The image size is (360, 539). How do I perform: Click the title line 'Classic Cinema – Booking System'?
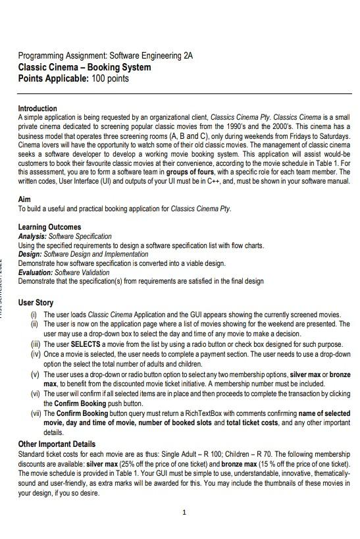point(84,67)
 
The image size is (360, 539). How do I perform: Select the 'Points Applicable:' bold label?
point(53,79)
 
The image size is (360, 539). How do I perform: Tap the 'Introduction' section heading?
point(38,109)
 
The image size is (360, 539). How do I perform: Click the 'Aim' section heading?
point(24,199)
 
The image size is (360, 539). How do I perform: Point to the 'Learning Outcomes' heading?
point(49,227)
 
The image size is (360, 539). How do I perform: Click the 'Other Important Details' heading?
point(57,444)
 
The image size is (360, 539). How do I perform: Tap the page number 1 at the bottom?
point(185,512)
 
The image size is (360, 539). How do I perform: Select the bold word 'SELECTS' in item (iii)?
point(85,344)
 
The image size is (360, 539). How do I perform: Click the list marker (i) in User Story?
point(35,315)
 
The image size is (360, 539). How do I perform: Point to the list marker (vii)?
point(36,413)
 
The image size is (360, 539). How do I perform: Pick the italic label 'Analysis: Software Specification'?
point(64,236)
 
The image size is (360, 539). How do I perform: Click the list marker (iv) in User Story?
point(36,354)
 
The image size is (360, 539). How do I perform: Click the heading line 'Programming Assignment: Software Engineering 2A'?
point(105,56)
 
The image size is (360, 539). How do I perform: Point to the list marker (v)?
point(36,374)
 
